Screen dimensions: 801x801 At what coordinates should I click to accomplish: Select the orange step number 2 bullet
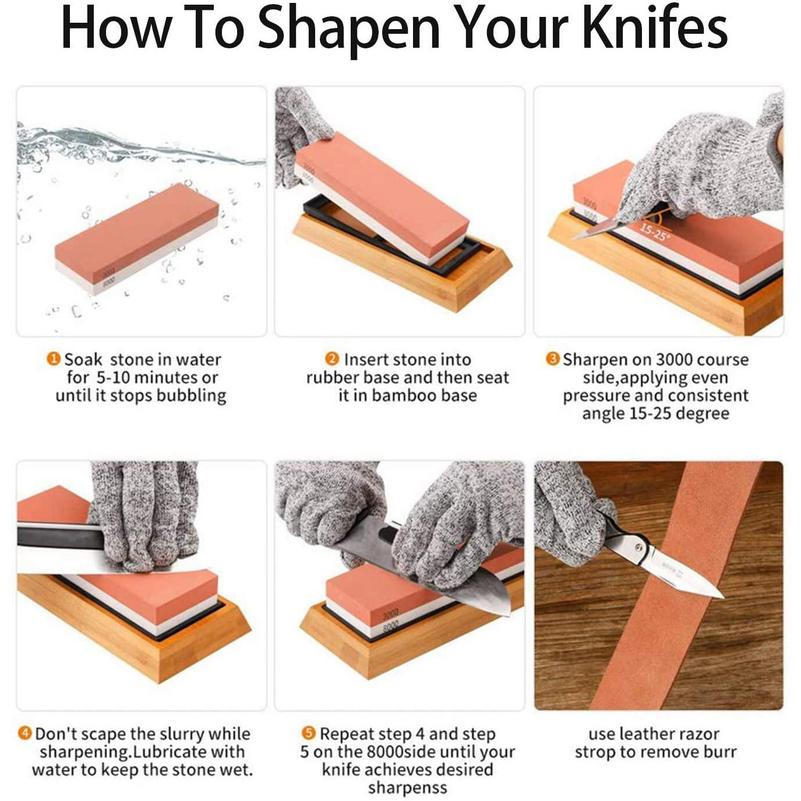tap(331, 358)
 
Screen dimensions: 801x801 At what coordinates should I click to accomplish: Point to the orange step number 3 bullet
tap(552, 358)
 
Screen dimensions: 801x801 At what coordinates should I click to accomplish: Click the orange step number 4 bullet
tap(25, 733)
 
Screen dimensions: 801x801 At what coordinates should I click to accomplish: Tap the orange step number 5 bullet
tap(308, 733)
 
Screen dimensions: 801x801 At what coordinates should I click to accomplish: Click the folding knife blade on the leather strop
tap(686, 574)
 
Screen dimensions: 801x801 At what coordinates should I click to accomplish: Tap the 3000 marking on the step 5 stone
tap(390, 613)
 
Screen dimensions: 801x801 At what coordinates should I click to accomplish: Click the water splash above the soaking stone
tap(137, 146)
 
